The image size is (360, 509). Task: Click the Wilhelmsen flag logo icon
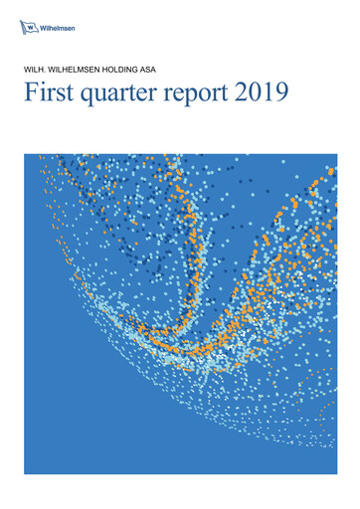(x=29, y=25)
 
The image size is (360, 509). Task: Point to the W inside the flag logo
(x=29, y=25)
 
